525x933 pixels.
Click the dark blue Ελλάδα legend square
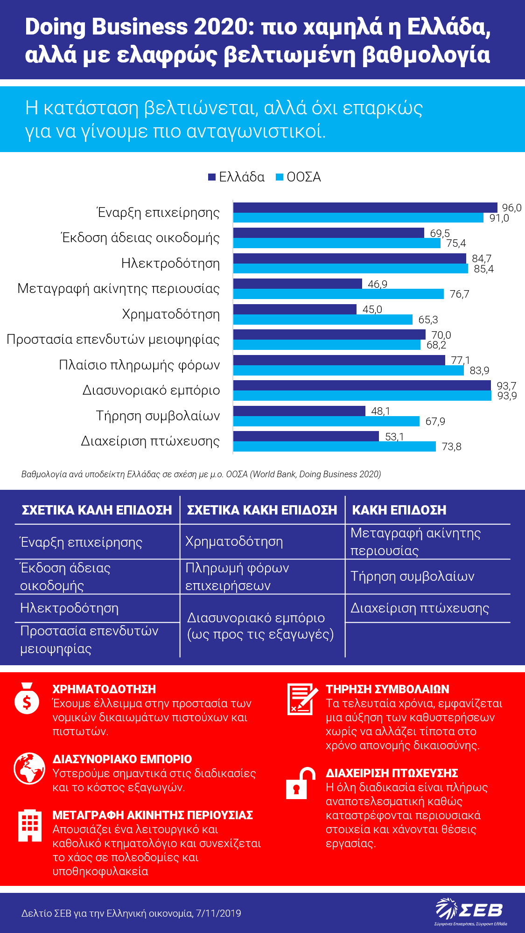[212, 177]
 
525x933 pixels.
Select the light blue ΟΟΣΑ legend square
[280, 177]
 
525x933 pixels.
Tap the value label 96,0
[511, 208]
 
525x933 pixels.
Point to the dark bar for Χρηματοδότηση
[295, 309]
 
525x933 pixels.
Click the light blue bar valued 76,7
[338, 294]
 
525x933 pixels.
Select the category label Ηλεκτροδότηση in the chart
[170, 263]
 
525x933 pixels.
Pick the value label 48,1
[380, 411]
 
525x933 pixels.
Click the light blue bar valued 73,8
[335, 446]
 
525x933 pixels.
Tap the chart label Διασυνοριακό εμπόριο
[151, 390]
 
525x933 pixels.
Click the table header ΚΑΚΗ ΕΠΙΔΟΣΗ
[399, 510]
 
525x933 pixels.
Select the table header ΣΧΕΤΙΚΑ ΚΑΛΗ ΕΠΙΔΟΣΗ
[97, 510]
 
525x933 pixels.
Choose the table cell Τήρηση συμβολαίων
[412, 576]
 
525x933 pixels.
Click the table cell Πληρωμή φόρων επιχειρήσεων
[237, 577]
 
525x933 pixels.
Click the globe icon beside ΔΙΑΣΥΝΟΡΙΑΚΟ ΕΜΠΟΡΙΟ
[29, 768]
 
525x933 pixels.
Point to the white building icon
[29, 825]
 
